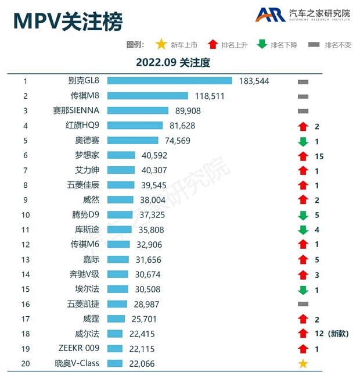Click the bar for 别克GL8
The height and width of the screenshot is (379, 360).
tap(170, 81)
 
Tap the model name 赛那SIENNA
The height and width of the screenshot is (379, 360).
tap(76, 110)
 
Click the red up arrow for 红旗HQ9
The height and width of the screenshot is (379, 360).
tap(303, 126)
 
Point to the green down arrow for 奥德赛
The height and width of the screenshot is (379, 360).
tap(303, 141)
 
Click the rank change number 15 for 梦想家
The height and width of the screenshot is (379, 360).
tap(318, 156)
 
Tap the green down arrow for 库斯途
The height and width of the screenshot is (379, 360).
tap(303, 230)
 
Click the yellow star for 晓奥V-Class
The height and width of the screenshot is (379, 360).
tap(303, 364)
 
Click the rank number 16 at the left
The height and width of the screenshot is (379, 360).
tap(26, 304)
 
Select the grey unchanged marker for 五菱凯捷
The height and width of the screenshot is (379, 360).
tap(303, 304)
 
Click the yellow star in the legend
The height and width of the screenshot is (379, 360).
tap(161, 44)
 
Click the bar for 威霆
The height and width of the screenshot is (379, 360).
tap(116, 319)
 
